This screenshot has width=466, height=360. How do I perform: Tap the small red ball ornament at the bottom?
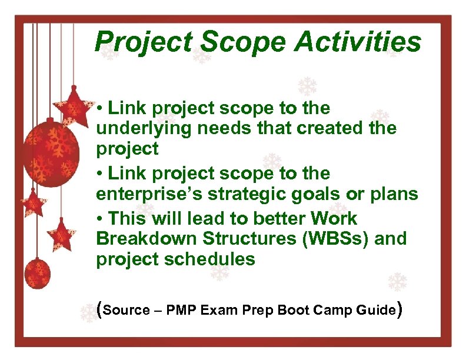click(37, 272)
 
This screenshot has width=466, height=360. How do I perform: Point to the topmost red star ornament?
click(74, 105)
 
